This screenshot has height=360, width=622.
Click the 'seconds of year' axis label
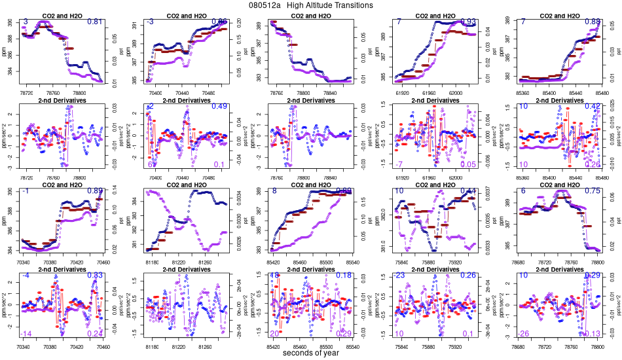point(310,353)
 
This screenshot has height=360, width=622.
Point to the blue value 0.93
point(469,22)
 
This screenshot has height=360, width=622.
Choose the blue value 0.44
point(469,191)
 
